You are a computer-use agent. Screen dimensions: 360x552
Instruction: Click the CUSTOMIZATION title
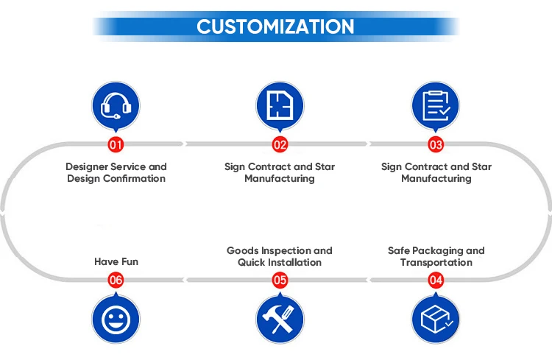(275, 27)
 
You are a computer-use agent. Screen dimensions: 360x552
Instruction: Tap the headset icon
(116, 106)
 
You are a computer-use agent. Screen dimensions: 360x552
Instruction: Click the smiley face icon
(116, 320)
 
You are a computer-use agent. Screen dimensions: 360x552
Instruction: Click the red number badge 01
(116, 144)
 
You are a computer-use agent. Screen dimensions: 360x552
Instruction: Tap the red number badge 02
(280, 144)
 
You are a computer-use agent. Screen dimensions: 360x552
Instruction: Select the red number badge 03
(436, 144)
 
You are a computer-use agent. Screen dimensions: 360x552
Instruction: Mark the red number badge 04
(436, 280)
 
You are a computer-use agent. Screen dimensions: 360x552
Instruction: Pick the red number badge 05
(280, 280)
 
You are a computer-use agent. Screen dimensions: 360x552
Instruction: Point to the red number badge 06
(116, 280)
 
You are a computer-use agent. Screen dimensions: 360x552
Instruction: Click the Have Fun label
(116, 261)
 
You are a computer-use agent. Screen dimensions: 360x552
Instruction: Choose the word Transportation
(436, 263)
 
